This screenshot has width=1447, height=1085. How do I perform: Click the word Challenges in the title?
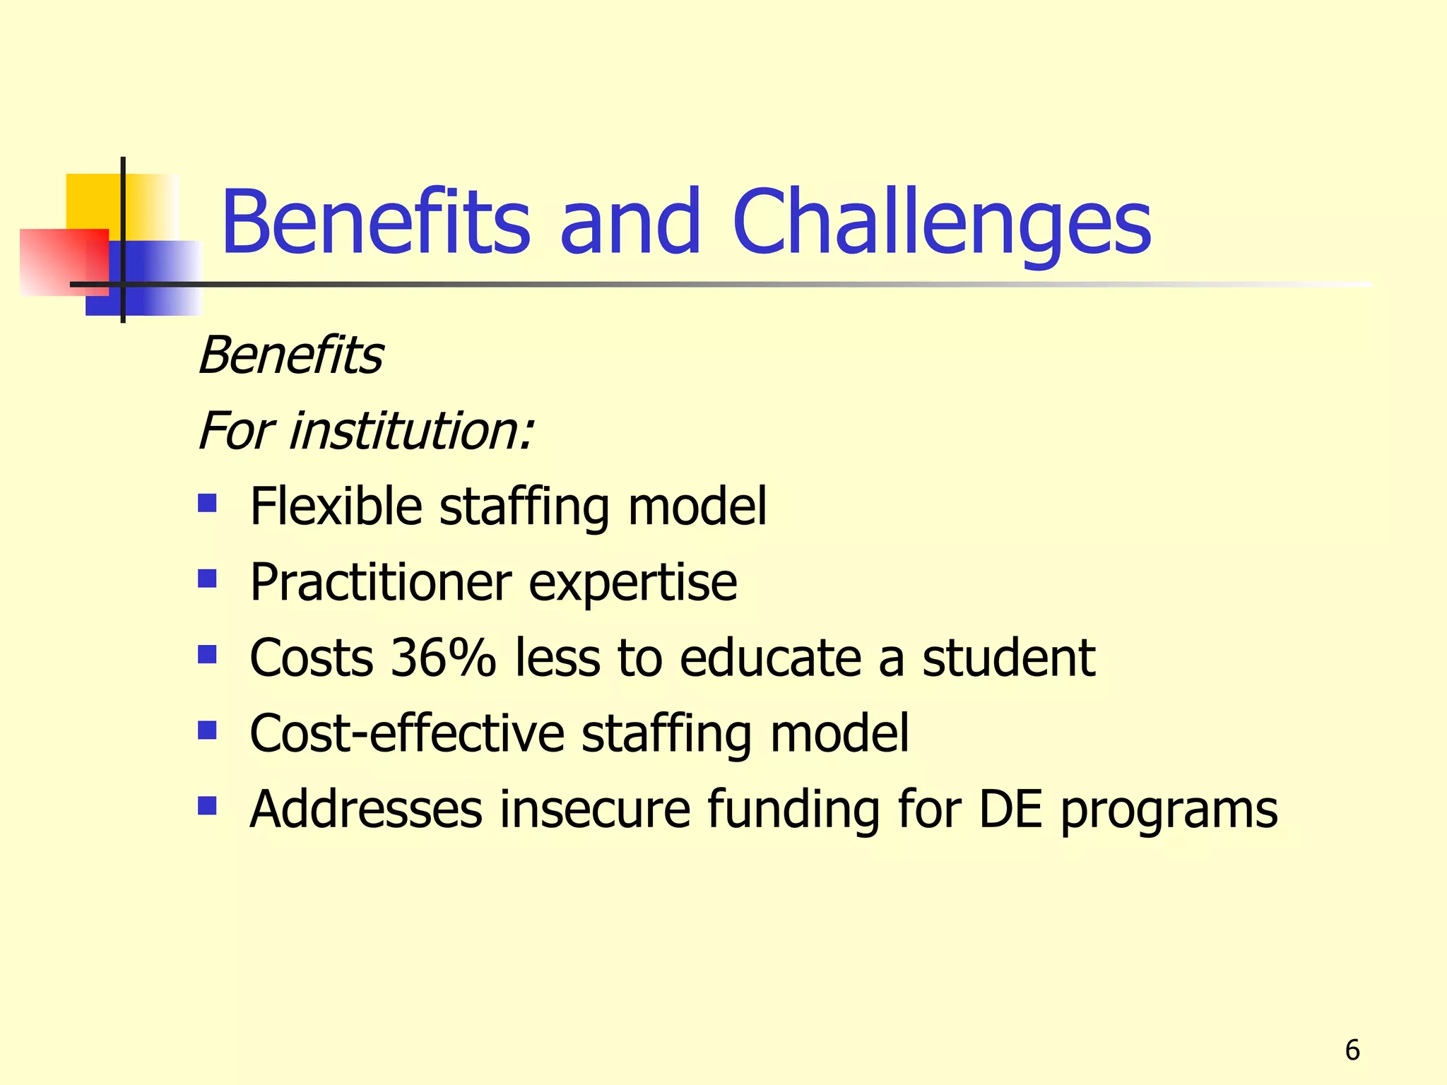[x=943, y=223]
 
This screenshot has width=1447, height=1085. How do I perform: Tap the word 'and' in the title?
[x=630, y=223]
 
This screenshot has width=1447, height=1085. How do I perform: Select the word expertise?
[x=632, y=583]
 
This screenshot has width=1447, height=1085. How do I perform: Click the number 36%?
[x=444, y=658]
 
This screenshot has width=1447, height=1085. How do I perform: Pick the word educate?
[x=771, y=658]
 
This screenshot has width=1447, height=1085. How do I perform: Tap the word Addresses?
[x=366, y=809]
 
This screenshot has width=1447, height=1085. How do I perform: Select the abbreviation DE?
[x=1010, y=809]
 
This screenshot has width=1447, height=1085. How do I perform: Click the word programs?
[x=1169, y=810]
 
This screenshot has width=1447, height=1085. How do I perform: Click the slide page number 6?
[x=1352, y=1050]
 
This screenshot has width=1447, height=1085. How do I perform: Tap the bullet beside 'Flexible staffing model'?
[x=207, y=504]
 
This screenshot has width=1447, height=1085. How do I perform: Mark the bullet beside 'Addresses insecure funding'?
[x=207, y=806]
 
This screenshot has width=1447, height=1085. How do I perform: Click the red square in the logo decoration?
[x=64, y=261]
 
